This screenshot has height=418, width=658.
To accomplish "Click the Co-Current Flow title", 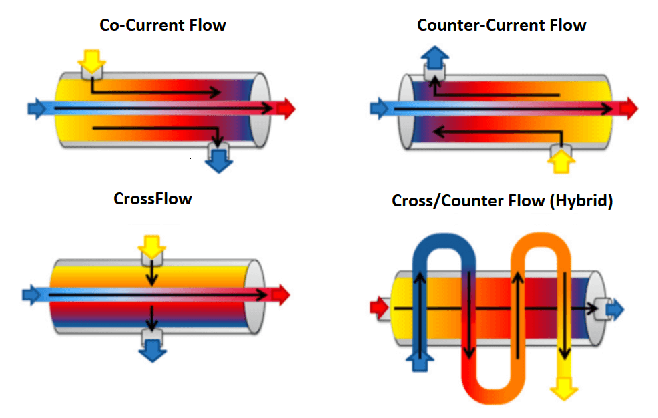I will click(162, 25).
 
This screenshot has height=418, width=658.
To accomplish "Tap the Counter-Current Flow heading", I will click(501, 25).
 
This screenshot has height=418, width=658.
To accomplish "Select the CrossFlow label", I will click(153, 198).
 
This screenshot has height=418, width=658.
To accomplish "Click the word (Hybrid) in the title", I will click(582, 200).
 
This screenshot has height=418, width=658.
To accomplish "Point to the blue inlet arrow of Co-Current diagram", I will click(37, 107).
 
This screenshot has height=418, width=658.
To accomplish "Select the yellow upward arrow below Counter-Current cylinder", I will click(561, 160).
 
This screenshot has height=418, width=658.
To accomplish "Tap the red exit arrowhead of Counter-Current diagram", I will click(628, 108).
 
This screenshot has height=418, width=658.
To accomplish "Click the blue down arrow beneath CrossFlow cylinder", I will click(152, 349).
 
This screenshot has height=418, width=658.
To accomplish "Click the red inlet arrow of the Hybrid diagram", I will click(379, 308).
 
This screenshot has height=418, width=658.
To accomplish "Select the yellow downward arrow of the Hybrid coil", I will click(565, 386).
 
